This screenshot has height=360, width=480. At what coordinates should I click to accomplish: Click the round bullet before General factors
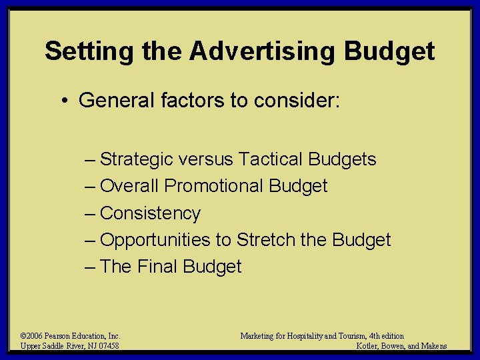point(67,101)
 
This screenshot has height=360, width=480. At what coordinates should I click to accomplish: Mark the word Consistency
point(150,213)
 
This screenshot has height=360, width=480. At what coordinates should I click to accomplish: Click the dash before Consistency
point(91,213)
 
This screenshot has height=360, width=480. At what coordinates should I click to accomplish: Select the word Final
point(158,267)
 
